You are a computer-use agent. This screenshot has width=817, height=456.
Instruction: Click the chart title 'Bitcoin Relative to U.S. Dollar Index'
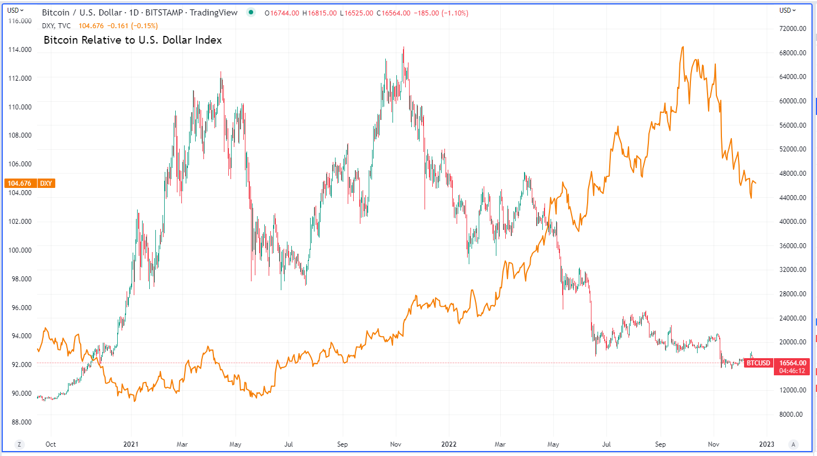133,40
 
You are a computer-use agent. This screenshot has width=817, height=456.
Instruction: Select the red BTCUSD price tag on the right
758,363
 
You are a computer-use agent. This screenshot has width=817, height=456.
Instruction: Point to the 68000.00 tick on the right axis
792,53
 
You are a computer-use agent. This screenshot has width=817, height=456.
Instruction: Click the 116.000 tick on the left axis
20,21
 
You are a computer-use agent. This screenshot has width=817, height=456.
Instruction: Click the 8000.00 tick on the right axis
790,415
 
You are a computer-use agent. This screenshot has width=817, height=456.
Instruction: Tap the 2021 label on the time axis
131,444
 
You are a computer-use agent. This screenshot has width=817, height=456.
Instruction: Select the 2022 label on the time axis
449,444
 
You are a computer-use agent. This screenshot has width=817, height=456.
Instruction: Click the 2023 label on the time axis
767,444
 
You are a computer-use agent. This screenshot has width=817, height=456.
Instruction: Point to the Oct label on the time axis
51,444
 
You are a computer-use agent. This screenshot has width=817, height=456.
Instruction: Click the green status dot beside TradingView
251,13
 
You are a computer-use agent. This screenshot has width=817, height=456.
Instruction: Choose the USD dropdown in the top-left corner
15,11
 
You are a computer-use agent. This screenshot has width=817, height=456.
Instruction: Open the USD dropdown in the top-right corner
788,11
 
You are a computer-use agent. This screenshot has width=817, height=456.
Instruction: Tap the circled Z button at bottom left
19,444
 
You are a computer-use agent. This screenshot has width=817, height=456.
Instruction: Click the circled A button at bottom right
794,444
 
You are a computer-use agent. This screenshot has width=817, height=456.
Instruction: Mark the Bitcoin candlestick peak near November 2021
404,48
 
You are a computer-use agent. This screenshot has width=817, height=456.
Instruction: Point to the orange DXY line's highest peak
683,47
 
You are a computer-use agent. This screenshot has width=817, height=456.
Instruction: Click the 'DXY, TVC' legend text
56,26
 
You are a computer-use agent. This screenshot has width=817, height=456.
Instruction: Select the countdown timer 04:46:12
792,371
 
